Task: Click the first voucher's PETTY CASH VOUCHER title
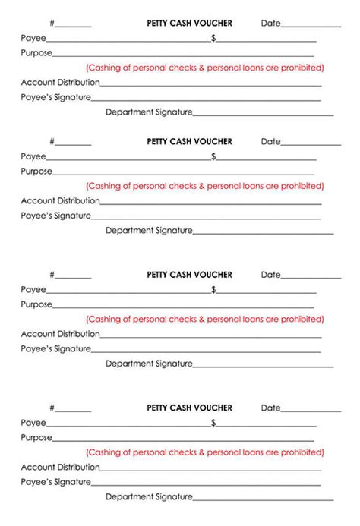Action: tap(189, 24)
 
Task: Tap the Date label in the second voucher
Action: tap(270, 142)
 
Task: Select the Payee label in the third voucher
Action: tap(33, 290)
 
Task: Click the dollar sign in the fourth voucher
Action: tap(214, 423)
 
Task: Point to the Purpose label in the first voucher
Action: tap(36, 53)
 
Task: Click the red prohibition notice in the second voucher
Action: tap(204, 186)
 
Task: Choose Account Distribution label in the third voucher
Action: tap(60, 334)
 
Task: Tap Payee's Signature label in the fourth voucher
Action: tap(55, 482)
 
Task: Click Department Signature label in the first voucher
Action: tap(149, 112)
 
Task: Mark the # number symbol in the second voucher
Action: tap(52, 142)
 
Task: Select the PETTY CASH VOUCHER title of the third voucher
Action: tap(189, 275)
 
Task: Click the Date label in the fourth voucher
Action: tap(270, 408)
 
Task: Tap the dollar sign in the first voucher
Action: tap(214, 38)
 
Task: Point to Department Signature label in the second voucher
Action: tap(149, 230)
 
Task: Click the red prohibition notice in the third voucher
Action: tap(204, 319)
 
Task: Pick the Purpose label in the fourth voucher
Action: tap(36, 438)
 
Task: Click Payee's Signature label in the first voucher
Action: tap(55, 97)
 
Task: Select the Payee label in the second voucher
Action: tap(33, 156)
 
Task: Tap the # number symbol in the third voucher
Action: tap(52, 275)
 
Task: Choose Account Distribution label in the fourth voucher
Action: tap(60, 467)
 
